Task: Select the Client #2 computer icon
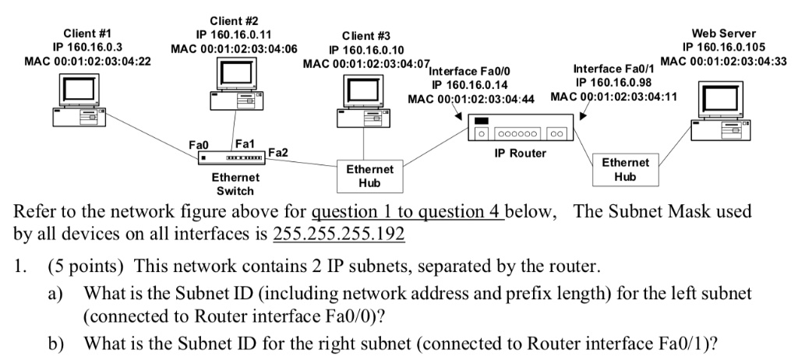[x=235, y=86]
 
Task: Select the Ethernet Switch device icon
[x=234, y=158]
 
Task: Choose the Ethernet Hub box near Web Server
[x=625, y=170]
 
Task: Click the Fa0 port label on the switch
[x=199, y=145]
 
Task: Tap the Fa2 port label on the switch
[x=277, y=153]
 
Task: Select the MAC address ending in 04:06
[x=234, y=48]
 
